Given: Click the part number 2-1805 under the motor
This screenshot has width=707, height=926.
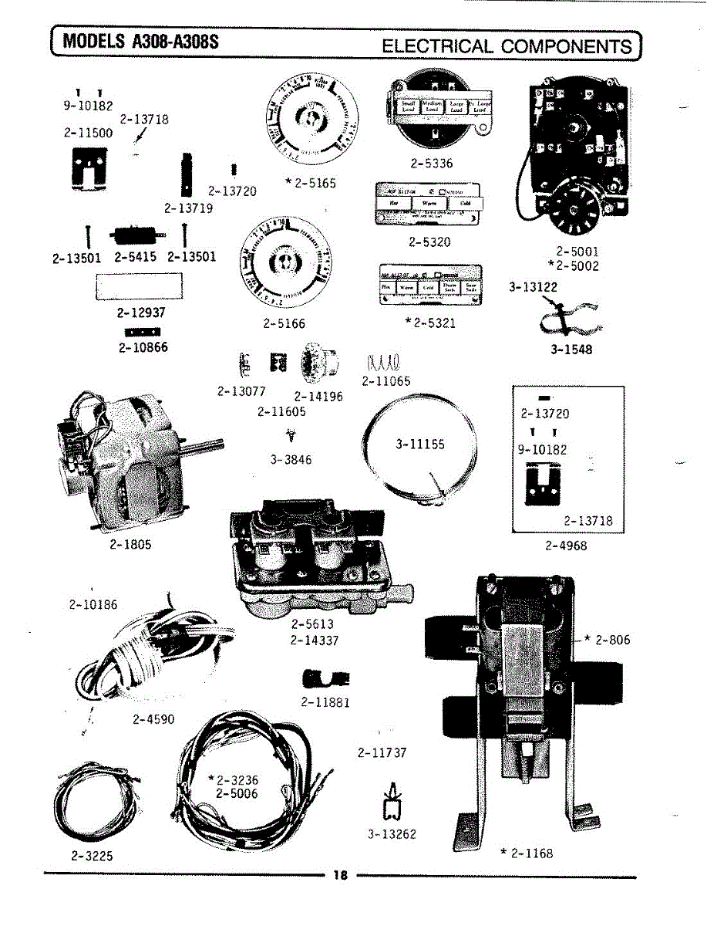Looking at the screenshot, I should (130, 544).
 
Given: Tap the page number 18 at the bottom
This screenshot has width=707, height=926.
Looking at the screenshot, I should (340, 875).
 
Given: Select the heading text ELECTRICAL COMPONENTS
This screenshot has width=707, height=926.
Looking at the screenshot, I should (507, 46).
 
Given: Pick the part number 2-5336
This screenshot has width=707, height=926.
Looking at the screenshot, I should (432, 164).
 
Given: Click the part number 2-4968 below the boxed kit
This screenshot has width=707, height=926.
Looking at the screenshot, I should (566, 546).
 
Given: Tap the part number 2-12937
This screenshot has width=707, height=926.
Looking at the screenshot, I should (141, 313).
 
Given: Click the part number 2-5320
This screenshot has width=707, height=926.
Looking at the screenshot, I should (429, 242).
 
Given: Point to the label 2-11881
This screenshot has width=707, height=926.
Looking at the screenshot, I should (325, 702).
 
